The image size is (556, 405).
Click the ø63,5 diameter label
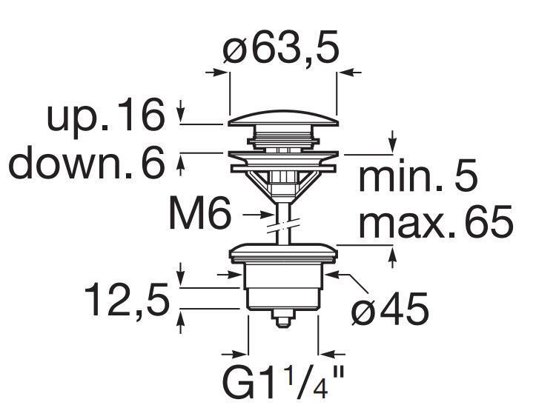coord(281,49)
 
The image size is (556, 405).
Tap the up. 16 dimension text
coord(105,116)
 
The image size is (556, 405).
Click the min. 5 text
coord(417,178)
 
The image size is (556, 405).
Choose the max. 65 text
coord(435,221)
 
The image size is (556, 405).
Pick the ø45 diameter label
coord(390,309)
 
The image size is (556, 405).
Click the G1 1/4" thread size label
coord(284,382)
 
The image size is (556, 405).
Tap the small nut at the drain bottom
coord(282,319)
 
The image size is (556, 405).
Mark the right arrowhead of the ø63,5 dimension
coord(345,73)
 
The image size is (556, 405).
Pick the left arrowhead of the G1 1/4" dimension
coord(239,354)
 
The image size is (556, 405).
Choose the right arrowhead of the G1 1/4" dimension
coord(326,354)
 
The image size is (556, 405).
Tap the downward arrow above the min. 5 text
coord(393,144)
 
